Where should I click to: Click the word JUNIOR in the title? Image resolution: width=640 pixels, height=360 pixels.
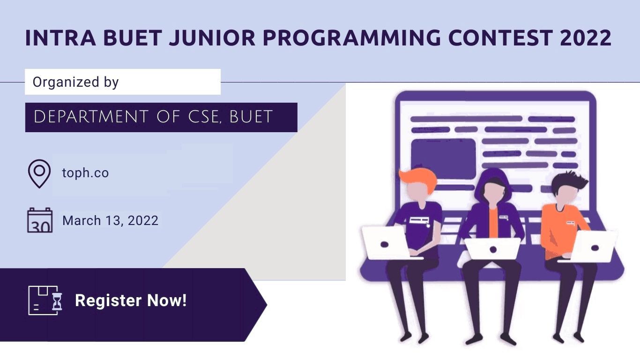pos(212,38)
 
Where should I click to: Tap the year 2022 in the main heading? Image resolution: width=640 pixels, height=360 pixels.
pos(586,38)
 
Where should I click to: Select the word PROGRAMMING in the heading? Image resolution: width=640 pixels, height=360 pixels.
pos(352,38)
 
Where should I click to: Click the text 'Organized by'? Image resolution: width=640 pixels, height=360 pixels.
pos(76,82)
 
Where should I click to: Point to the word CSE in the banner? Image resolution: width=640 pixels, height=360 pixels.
pos(205,117)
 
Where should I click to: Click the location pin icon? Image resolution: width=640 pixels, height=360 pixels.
pos(39,173)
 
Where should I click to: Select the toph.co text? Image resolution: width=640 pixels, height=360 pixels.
pos(85,173)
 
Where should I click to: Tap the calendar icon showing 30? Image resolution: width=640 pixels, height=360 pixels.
pos(40,220)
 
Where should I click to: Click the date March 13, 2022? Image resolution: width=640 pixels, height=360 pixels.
pos(110,221)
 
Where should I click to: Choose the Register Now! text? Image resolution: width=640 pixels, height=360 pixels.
pos(131,300)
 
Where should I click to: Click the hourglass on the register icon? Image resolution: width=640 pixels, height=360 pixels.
pos(57,301)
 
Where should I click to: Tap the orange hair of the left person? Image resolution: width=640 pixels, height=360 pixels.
pos(418,179)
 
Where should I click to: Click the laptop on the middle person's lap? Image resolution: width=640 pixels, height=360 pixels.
pos(492,249)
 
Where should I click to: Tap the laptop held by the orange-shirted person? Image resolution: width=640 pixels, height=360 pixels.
pos(594,247)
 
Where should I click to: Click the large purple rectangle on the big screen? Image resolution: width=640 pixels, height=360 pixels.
pos(443,159)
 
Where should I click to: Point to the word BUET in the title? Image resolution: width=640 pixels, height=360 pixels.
pos(133,38)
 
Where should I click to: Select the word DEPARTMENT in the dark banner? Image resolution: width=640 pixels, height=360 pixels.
pos(91,117)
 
